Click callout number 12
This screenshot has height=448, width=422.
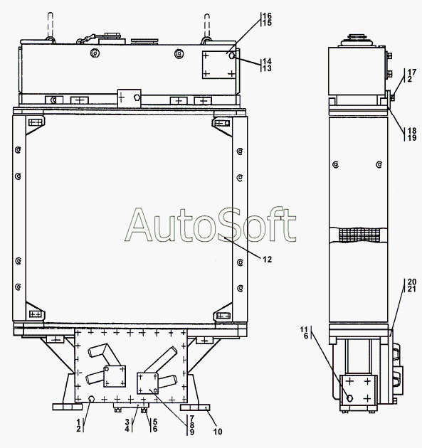click(x=267, y=260)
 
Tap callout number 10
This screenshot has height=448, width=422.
click(x=218, y=432)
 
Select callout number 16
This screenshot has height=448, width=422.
click(x=267, y=16)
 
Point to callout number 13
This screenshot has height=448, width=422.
click(x=267, y=68)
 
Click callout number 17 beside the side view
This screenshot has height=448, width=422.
click(x=412, y=72)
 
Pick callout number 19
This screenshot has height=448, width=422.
click(x=412, y=138)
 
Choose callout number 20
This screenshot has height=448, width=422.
click(x=412, y=282)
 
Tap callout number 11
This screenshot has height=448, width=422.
click(x=304, y=330)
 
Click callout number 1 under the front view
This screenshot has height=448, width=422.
click(x=78, y=422)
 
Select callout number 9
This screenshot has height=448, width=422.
click(x=192, y=432)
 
